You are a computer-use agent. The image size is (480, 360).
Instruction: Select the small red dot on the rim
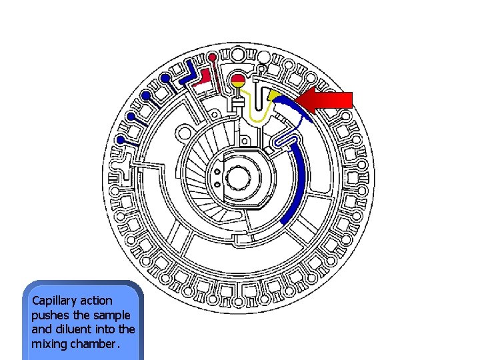(x=212, y=57)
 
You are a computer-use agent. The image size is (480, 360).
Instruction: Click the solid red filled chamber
(x=203, y=79)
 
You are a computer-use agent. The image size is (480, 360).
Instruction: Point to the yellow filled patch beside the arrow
(x=274, y=97)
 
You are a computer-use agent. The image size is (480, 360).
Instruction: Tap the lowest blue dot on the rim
(x=120, y=140)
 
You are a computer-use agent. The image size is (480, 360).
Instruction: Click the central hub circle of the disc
(x=237, y=178)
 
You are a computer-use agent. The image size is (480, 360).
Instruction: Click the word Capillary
(x=51, y=301)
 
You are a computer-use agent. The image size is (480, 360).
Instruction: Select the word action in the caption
(x=96, y=301)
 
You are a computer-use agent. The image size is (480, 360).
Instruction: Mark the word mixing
(x=47, y=344)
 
